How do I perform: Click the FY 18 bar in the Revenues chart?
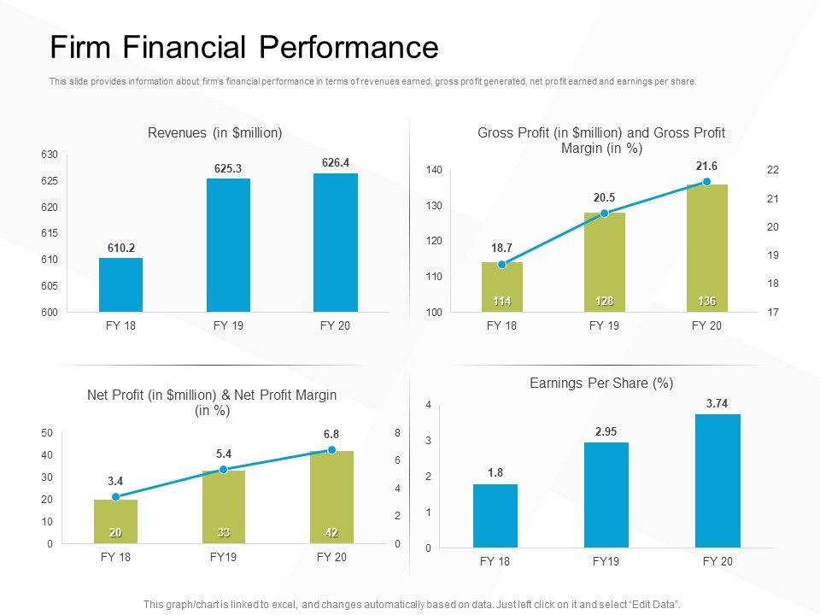[120, 284]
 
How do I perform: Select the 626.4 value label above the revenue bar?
[336, 162]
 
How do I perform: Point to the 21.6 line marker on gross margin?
[706, 182]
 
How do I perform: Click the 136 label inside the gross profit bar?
[706, 302]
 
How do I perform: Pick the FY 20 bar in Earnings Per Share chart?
[717, 480]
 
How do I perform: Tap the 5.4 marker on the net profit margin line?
[224, 470]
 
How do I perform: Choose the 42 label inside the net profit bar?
[331, 533]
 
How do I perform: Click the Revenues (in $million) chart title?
[215, 132]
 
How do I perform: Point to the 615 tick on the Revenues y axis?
[50, 233]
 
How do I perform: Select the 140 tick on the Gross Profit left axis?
[434, 171]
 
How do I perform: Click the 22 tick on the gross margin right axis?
[773, 171]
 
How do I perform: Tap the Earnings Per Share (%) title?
[601, 384]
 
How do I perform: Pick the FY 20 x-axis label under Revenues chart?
[335, 326]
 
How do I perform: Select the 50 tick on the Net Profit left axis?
[47, 434]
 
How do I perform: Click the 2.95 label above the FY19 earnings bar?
[606, 432]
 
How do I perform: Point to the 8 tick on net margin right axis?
[397, 434]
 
